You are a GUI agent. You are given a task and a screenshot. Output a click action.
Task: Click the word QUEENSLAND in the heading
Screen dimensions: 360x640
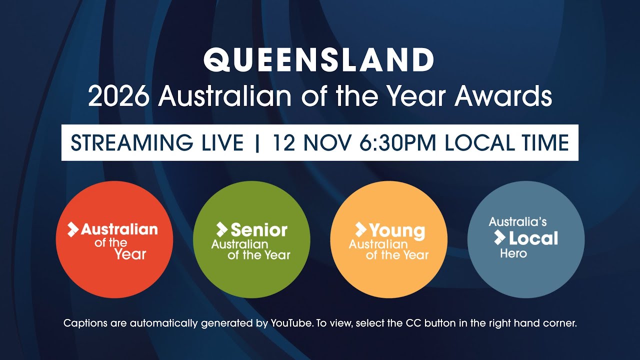(x=319, y=60)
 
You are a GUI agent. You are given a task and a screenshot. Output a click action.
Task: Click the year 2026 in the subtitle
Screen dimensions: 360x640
(x=118, y=96)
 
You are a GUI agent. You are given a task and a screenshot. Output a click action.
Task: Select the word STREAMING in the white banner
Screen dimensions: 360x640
(x=128, y=143)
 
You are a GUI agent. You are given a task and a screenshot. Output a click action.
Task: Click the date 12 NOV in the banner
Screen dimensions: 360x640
(x=311, y=143)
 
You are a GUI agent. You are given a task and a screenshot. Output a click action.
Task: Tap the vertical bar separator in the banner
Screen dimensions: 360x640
(x=258, y=143)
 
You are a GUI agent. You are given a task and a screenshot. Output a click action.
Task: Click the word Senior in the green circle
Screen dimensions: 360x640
(x=259, y=230)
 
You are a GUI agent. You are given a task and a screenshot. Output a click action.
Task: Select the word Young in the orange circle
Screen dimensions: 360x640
(x=397, y=230)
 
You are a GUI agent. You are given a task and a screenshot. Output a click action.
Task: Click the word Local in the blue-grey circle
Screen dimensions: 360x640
(x=533, y=238)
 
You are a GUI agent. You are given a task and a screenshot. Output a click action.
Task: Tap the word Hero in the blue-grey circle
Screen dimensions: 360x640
(x=513, y=253)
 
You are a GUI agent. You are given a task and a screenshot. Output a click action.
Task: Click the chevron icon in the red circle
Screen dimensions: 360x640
(x=73, y=229)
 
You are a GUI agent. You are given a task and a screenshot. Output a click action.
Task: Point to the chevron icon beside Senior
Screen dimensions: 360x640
(x=221, y=229)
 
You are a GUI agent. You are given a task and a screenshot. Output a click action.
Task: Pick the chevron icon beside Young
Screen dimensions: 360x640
(x=360, y=229)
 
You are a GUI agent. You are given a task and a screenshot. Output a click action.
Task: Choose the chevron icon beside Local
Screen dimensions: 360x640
(x=499, y=237)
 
